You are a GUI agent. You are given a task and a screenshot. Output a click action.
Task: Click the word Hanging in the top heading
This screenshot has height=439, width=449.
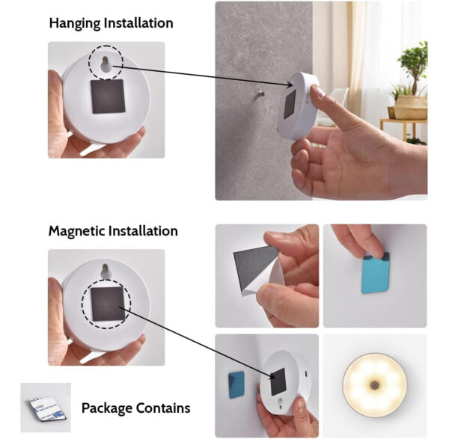(x=75, y=23)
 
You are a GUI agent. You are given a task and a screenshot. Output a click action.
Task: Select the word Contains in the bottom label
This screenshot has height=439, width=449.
(x=163, y=408)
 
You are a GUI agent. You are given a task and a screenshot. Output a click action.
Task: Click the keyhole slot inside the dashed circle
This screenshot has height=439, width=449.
(x=105, y=64)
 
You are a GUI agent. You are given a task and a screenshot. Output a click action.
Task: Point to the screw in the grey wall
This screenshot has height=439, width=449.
(x=260, y=95)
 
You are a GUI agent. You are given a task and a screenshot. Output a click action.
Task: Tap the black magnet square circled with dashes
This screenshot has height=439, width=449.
(x=108, y=304)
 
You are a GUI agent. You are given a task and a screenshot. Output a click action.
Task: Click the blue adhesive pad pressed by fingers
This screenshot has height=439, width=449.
(x=375, y=273)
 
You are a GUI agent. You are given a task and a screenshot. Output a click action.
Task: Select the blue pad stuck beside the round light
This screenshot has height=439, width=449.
(x=236, y=384)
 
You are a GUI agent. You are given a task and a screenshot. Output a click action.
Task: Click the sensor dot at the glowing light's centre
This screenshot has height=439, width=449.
(x=374, y=385)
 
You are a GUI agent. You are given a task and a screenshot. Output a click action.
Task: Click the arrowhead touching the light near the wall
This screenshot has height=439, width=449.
(x=290, y=85)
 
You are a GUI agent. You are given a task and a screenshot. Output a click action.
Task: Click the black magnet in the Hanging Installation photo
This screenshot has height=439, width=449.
(x=108, y=96)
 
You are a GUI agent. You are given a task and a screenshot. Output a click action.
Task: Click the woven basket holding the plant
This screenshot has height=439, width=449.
(x=410, y=107)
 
